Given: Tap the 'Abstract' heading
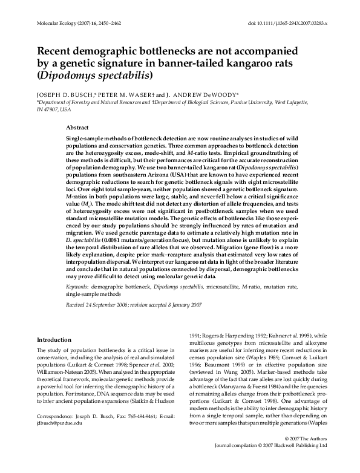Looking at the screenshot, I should click(x=77, y=128).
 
